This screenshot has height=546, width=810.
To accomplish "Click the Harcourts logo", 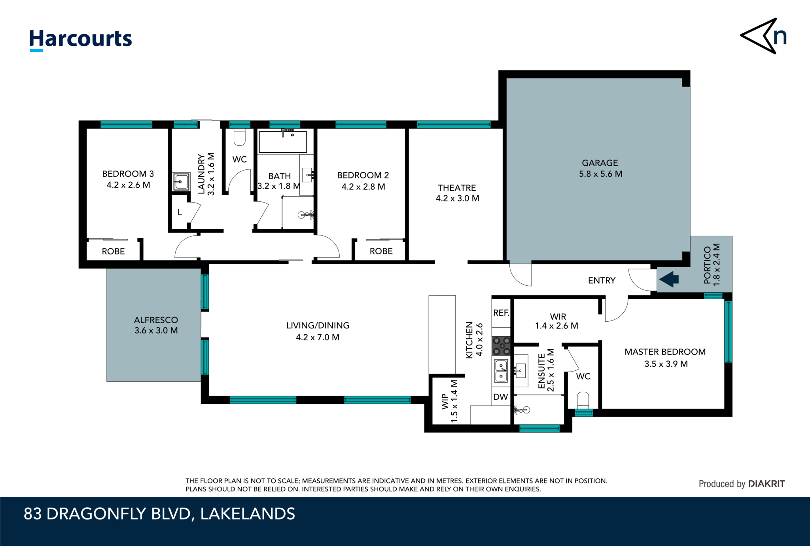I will [81, 40].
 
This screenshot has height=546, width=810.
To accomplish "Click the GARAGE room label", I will [600, 163].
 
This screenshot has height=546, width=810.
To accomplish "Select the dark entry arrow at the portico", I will [669, 279].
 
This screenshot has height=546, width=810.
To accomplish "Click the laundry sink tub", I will [181, 182].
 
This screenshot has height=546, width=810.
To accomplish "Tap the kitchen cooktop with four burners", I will [501, 346].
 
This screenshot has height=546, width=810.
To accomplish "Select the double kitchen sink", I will [501, 371].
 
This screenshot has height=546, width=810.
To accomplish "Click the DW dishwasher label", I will [500, 397].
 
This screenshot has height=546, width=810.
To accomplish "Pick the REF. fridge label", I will [501, 313].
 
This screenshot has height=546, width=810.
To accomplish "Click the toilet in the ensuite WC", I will [583, 400].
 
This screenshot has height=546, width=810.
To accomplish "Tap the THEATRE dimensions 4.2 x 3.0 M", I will [457, 198].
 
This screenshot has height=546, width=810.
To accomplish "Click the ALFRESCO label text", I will [156, 320].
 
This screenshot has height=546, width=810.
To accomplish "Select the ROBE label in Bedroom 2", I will [381, 251].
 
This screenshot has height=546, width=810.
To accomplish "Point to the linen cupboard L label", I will [180, 212].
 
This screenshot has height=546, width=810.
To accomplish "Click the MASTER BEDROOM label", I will [665, 352].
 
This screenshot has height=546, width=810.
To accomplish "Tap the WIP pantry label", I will [445, 402].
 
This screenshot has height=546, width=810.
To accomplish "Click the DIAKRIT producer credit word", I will [766, 483].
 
